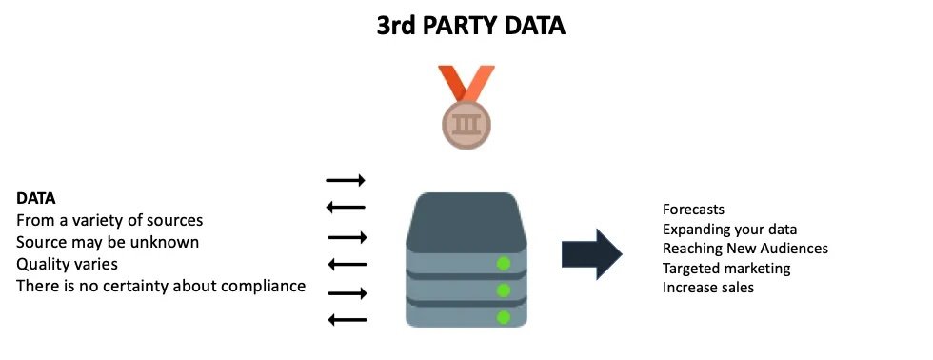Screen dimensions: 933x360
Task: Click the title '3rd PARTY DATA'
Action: point(469,26)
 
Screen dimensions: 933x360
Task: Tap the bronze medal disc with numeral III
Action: point(466,123)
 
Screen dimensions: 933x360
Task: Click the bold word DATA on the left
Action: point(36,199)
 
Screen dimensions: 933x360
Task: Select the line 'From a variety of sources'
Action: point(109,221)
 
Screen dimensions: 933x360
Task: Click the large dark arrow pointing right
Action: point(592,254)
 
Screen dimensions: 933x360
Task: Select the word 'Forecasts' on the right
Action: point(694,210)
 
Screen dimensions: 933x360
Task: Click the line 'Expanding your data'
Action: point(729,230)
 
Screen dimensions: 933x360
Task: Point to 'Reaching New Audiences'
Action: point(745,249)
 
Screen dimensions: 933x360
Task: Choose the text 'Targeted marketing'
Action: point(726,269)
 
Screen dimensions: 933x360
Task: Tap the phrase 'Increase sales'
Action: point(708,288)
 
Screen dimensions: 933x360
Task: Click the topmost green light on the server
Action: point(504,263)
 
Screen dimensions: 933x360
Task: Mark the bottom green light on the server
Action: point(504,316)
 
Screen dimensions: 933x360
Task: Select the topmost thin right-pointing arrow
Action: point(346,180)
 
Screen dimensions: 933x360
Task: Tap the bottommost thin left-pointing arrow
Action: point(347,320)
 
